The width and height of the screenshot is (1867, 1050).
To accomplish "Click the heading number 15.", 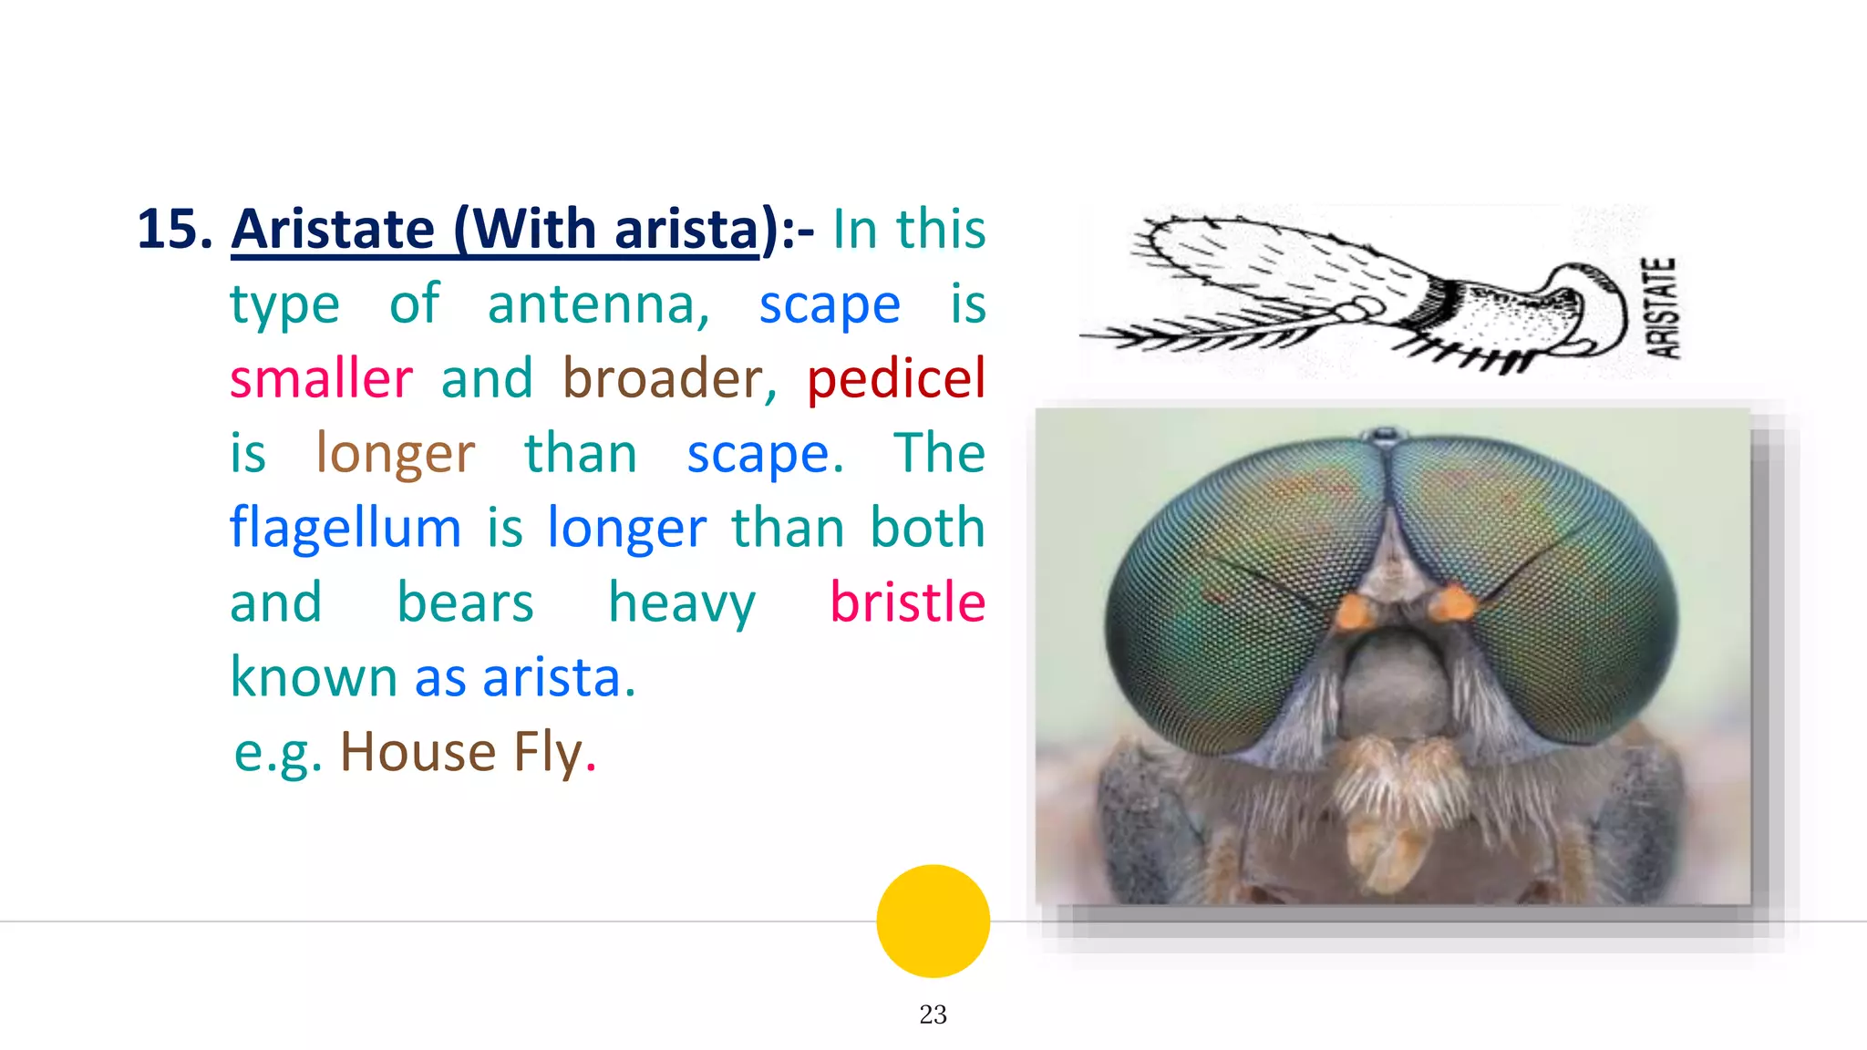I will [173, 228].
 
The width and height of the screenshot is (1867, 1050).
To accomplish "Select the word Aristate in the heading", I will [333, 230].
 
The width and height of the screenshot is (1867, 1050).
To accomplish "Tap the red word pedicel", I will [896, 379].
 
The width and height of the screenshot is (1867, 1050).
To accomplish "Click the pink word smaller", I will [321, 379].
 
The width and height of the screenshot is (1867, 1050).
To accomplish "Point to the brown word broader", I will [669, 379].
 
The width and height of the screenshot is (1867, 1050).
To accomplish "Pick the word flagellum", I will [346, 529].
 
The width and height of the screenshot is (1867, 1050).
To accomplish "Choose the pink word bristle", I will [907, 603].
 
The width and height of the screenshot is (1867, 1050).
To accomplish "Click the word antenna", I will [598, 304].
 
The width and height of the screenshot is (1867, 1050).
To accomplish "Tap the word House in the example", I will [418, 753].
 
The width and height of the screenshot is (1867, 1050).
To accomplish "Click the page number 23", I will [933, 1014].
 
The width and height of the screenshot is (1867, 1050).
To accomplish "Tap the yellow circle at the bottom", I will [933, 921].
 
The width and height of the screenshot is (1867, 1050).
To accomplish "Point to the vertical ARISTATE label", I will [1661, 308].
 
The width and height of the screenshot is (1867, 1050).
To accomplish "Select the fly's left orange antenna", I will [1354, 612].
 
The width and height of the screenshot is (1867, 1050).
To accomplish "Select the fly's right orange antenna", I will [1455, 603].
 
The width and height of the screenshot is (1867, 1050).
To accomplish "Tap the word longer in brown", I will [395, 454].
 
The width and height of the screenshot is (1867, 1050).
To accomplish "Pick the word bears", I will [465, 603].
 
